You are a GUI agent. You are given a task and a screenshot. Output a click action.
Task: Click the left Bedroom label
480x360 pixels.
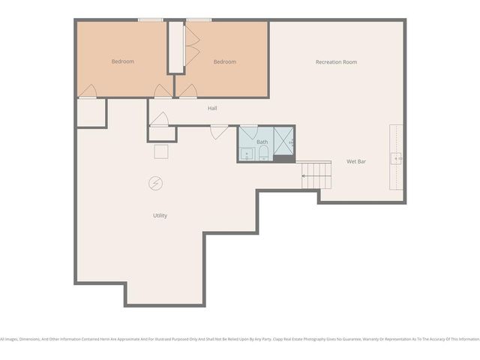pyautogui.click(x=123, y=61)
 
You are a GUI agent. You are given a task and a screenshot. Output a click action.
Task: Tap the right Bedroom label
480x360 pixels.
pyautogui.click(x=224, y=61)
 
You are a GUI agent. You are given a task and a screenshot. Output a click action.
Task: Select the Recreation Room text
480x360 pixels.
pyautogui.click(x=336, y=61)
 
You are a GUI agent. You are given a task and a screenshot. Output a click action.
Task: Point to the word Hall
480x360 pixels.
pyautogui.click(x=212, y=109)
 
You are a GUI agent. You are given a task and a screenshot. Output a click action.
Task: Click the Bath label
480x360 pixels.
pyautogui.click(x=262, y=142)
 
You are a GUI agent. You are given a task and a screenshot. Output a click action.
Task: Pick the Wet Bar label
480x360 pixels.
pyautogui.click(x=355, y=161)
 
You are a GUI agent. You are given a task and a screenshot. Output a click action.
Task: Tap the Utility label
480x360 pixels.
pyautogui.click(x=160, y=215)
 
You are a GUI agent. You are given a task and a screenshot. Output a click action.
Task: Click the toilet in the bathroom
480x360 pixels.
pyautogui.click(x=263, y=154)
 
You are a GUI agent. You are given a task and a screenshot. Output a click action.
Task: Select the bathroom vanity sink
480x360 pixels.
pyautogui.click(x=247, y=154)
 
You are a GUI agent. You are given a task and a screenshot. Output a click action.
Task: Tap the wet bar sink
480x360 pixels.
pyautogui.click(x=396, y=158)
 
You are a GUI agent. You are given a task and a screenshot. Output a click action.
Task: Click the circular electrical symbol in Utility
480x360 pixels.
pyautogui.click(x=155, y=183)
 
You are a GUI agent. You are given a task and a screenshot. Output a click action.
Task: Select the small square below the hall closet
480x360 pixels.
pyautogui.click(x=161, y=151)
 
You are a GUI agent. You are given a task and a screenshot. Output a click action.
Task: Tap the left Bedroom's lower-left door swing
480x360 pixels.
pyautogui.click(x=88, y=91)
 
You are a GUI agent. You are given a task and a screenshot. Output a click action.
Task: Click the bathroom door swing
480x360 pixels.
pyautogui.click(x=248, y=130)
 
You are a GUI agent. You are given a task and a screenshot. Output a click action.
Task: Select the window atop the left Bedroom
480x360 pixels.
pyautogui.click(x=151, y=19)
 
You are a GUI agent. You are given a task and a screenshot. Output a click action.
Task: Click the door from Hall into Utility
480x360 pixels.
pyautogui.click(x=218, y=132)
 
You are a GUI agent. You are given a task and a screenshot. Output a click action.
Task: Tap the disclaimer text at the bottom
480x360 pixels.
pyautogui.click(x=240, y=338)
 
